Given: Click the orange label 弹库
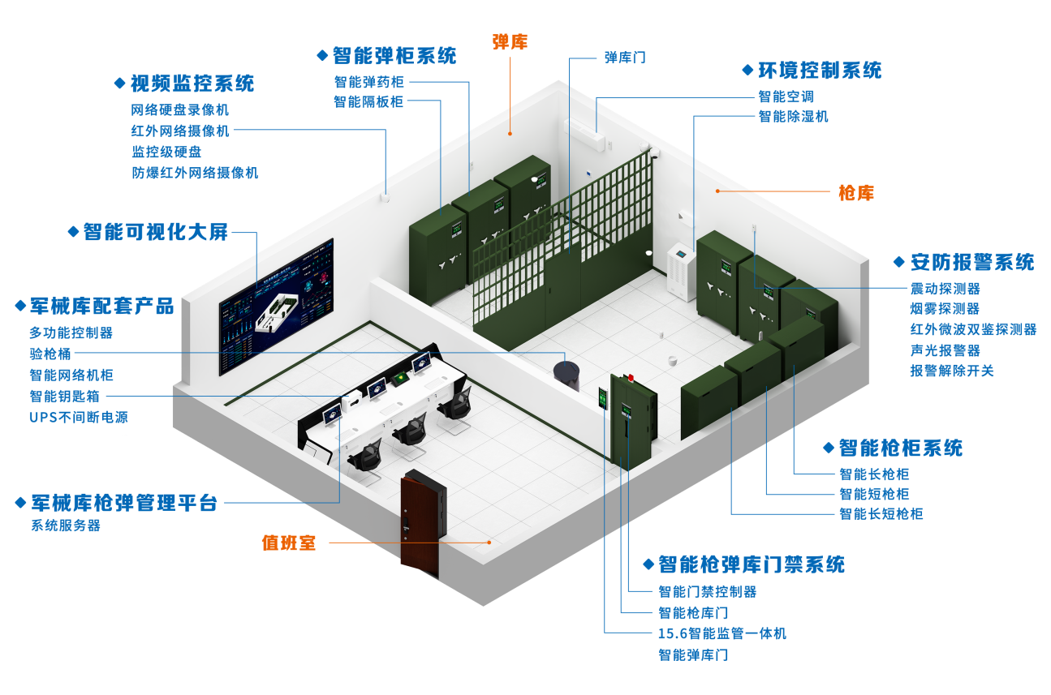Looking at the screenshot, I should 510,42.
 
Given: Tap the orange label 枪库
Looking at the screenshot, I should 856,193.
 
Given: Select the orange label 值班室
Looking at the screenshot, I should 289,543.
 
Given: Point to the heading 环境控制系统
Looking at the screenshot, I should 819,71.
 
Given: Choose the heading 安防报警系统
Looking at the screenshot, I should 971,262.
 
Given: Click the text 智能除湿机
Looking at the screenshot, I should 793,117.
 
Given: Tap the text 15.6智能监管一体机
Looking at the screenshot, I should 721,633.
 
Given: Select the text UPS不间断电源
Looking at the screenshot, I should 79,418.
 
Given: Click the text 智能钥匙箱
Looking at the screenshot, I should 65,397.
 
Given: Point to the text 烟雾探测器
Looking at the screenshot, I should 944,309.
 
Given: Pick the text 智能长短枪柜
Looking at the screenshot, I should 881,514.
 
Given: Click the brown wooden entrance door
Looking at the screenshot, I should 421,521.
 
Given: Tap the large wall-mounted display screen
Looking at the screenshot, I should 276,306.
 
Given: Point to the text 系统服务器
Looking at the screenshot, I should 66,526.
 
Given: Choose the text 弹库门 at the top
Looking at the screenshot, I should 625,58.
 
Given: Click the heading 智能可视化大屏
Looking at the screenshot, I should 156,232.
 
